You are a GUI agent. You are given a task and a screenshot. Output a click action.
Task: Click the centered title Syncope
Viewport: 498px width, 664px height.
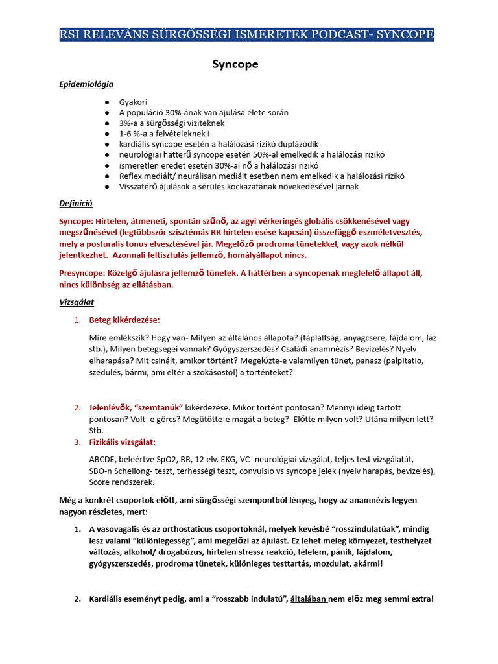pyautogui.click(x=235, y=64)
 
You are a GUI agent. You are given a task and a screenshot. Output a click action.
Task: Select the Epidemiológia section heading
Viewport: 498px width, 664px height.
pyautogui.click(x=86, y=84)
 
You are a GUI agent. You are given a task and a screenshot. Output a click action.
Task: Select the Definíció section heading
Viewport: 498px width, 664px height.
pyautogui.click(x=76, y=204)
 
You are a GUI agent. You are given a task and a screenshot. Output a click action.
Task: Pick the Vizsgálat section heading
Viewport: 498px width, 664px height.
pyautogui.click(x=77, y=302)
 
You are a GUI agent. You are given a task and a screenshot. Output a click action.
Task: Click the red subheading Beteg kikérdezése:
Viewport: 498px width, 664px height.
pyautogui.click(x=124, y=320)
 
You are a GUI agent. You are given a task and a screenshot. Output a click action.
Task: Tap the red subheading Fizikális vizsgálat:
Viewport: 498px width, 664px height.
pyautogui.click(x=122, y=442)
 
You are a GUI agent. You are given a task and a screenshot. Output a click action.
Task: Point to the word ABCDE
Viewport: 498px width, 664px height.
pyautogui.click(x=104, y=459)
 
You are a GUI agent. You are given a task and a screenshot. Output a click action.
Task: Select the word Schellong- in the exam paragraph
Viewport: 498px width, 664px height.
pyautogui.click(x=140, y=471)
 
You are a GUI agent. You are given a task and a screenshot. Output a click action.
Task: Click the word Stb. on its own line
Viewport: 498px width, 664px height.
pyautogui.click(x=97, y=430)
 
